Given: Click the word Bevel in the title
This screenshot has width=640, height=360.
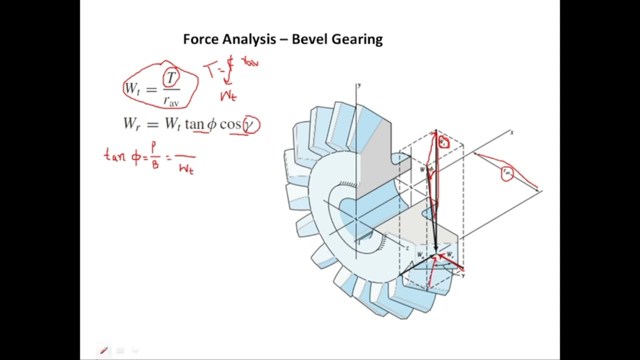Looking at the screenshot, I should tap(308, 39).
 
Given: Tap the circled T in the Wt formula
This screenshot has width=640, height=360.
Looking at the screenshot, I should tap(171, 78).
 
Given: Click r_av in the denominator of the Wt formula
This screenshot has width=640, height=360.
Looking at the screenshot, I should tap(171, 100).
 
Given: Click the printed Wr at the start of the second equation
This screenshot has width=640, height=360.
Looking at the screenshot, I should tap(131, 124).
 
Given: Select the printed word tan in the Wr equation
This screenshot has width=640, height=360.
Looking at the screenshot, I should tap(194, 124).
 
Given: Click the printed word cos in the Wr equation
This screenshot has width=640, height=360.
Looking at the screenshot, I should tap(230, 124).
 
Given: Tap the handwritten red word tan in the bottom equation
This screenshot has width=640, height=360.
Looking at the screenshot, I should tap(115, 155).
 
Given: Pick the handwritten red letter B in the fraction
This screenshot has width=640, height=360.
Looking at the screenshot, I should tap(155, 164).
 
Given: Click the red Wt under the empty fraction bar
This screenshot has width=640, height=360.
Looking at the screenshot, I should tap(186, 169).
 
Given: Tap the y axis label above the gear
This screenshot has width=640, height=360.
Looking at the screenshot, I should tap(359, 85).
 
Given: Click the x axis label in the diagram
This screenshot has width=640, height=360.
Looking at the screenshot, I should tap(511, 132).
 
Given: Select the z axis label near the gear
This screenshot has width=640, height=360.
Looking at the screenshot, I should tap(407, 248).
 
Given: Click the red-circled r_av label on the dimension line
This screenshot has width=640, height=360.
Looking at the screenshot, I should tap(507, 173).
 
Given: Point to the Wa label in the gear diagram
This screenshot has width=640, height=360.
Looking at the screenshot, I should tap(421, 255).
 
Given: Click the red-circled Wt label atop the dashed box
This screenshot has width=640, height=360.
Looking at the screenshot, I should tap(443, 142).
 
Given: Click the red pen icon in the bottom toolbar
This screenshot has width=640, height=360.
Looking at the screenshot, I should tap(104, 350).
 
